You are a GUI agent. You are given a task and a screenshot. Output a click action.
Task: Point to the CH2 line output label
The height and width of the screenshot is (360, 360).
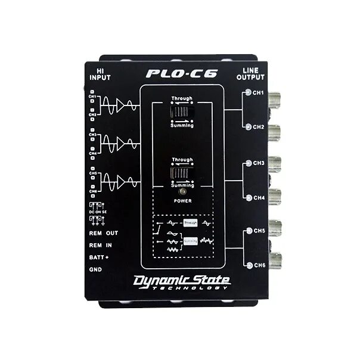pos(258,127)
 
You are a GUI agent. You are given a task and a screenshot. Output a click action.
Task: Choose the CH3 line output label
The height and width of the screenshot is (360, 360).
pos(258,162)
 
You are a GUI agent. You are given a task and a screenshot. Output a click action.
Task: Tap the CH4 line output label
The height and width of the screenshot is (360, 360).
pos(258,197)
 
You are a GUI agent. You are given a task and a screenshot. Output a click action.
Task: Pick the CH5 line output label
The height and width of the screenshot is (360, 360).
pos(258,230)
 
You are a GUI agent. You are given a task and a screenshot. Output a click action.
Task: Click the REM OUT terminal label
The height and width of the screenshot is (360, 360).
pos(103,233)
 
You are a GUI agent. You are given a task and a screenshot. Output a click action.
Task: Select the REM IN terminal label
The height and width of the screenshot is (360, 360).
pos(101,244)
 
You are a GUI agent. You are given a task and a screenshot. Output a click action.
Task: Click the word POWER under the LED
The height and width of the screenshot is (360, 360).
pos(182,201)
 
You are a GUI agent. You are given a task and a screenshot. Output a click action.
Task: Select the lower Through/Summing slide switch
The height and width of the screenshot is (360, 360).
pos(182,173)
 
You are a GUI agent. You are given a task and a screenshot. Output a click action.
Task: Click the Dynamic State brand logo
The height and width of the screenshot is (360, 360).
pos(181,280)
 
